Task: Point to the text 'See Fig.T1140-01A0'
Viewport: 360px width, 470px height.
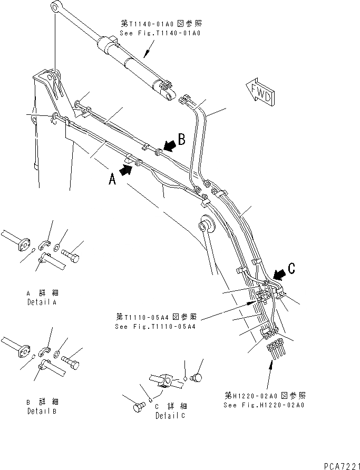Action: coord(160,33)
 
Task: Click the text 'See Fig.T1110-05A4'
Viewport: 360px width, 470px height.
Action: coord(155,326)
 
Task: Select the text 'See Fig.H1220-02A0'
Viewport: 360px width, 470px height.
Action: coord(264,405)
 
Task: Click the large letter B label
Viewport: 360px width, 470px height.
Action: coord(181,140)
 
